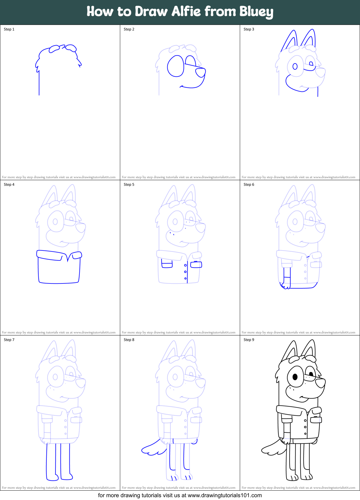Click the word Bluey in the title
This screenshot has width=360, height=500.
(256, 12)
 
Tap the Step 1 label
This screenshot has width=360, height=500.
(9, 29)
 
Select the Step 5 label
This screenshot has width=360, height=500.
(129, 185)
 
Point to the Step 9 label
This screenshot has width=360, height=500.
(249, 340)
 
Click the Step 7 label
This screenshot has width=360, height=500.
(9, 340)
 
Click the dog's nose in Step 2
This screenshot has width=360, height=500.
(201, 72)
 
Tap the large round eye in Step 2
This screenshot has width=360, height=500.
(176, 66)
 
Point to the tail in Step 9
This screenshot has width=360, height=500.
(272, 448)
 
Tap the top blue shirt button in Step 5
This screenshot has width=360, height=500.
(185, 265)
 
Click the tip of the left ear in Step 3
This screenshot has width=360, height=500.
(293, 31)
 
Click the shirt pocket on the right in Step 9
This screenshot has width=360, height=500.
(316, 419)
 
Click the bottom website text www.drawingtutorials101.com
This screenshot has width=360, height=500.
(225, 495)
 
